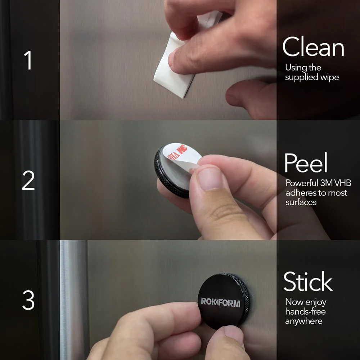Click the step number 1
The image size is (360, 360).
(28, 60)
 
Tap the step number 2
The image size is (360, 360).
(28, 181)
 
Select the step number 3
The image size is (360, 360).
(28, 300)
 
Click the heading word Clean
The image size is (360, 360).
(313, 47)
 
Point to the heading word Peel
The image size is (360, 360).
(306, 163)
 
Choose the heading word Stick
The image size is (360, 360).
(308, 282)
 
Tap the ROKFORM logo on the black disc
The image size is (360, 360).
(220, 302)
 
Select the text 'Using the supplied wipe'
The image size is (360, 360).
(312, 72)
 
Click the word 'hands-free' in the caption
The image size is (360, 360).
(305, 311)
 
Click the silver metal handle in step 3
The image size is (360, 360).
(73, 299)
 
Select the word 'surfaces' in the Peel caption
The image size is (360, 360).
(301, 202)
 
